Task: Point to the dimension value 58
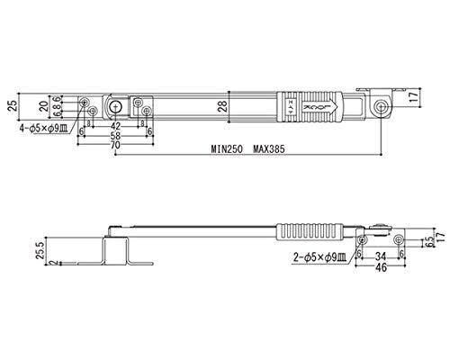(x=114, y=135)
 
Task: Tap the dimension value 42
(x=114, y=125)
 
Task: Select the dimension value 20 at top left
(x=44, y=106)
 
